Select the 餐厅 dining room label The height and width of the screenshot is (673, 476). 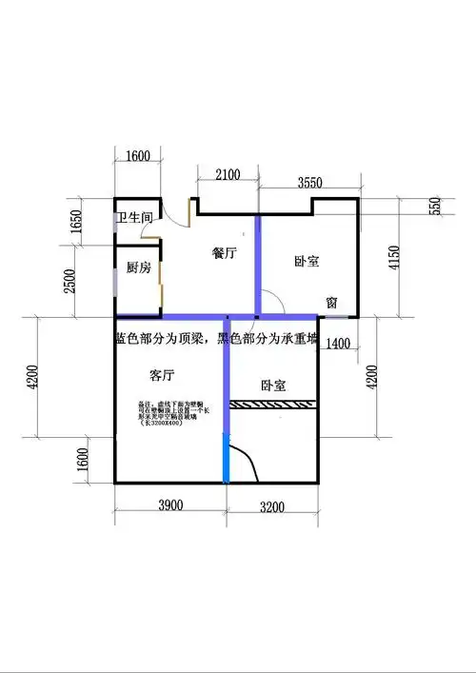pyautogui.click(x=224, y=253)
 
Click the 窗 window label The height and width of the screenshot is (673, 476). pyautogui.click(x=331, y=302)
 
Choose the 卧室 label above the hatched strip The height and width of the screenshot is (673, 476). pyautogui.click(x=274, y=386)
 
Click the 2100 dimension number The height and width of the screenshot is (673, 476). pyautogui.click(x=228, y=174)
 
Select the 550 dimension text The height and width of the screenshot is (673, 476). pyautogui.click(x=434, y=205)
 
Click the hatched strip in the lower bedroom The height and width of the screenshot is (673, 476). pyautogui.click(x=276, y=406)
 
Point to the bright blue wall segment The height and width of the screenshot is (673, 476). pyautogui.click(x=227, y=458)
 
